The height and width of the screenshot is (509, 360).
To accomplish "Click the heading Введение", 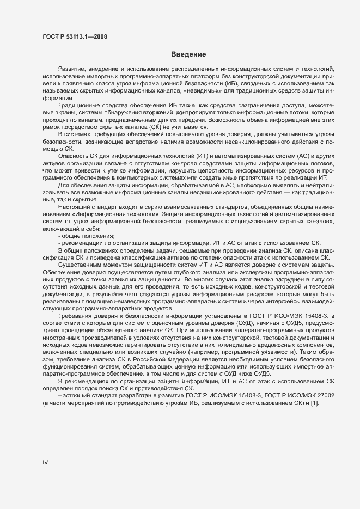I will tap(188, 54).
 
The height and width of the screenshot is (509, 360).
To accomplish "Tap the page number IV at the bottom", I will tap(46, 462).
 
